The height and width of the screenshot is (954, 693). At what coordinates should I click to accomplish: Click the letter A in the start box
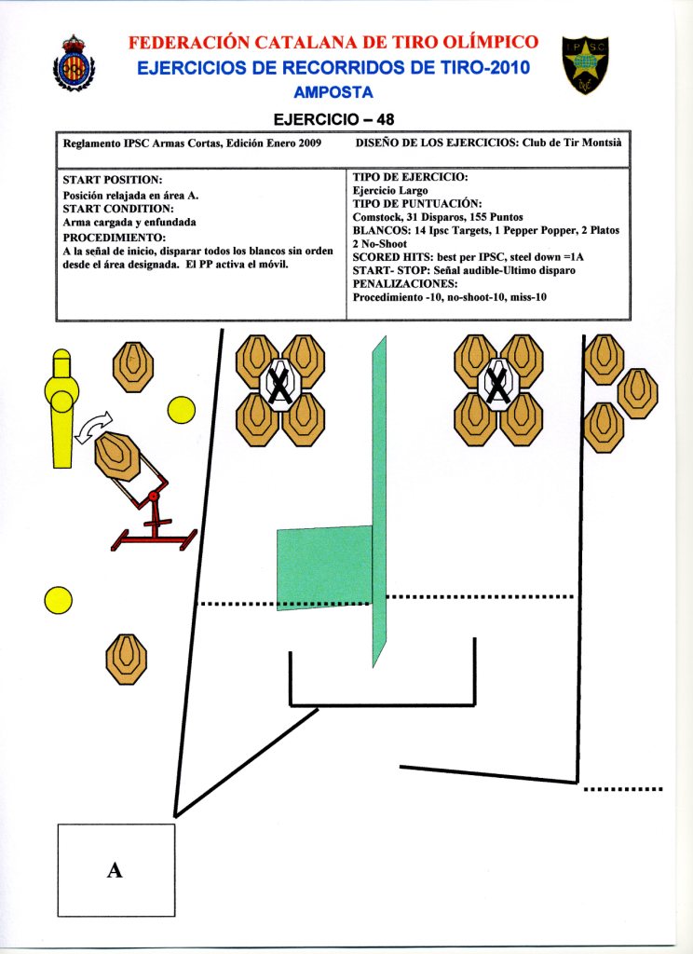pyautogui.click(x=115, y=870)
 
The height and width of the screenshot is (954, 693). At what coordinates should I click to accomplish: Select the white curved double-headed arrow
pyautogui.click(x=94, y=427)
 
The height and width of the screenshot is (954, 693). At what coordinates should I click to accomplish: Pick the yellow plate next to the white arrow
pyautogui.click(x=181, y=410)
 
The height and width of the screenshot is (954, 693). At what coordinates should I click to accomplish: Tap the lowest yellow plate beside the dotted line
pyautogui.click(x=59, y=601)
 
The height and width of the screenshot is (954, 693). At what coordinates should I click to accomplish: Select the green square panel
pyautogui.click(x=324, y=567)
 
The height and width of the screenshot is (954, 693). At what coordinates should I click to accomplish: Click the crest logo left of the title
pyautogui.click(x=74, y=63)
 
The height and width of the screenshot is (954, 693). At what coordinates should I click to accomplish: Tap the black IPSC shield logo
pyautogui.click(x=585, y=64)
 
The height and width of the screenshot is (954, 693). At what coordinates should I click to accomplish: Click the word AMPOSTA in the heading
pyautogui.click(x=333, y=92)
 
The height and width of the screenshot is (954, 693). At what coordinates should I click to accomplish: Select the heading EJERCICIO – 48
pyautogui.click(x=334, y=119)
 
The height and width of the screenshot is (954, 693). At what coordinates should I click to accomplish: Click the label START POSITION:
pyautogui.click(x=113, y=180)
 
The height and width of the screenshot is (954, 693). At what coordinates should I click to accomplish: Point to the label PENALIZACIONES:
pyautogui.click(x=405, y=284)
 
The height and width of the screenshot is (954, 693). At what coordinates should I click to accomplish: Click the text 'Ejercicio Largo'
pyautogui.click(x=390, y=190)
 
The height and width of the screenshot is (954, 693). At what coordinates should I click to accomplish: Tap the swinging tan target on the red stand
pyautogui.click(x=117, y=457)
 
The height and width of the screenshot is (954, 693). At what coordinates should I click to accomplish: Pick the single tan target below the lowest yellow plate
pyautogui.click(x=127, y=660)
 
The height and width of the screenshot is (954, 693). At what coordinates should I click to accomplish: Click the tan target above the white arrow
pyautogui.click(x=132, y=367)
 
